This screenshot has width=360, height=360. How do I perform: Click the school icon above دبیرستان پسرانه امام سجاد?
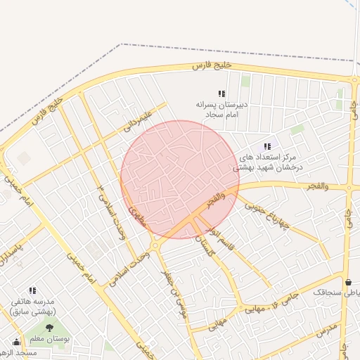pos(221,94)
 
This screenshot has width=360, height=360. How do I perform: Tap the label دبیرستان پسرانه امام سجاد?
pos(221,108)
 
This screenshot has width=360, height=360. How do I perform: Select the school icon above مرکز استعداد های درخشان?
pos(267,146)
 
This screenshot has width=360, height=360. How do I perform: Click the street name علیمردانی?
pos(137,120)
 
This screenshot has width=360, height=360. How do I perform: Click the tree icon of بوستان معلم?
pos(49,328)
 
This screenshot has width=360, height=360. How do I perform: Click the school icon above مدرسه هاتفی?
pos(32,290)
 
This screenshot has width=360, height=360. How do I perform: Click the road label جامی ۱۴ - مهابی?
pos(267,304)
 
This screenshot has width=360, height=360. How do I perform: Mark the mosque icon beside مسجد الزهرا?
pos(15,342)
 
